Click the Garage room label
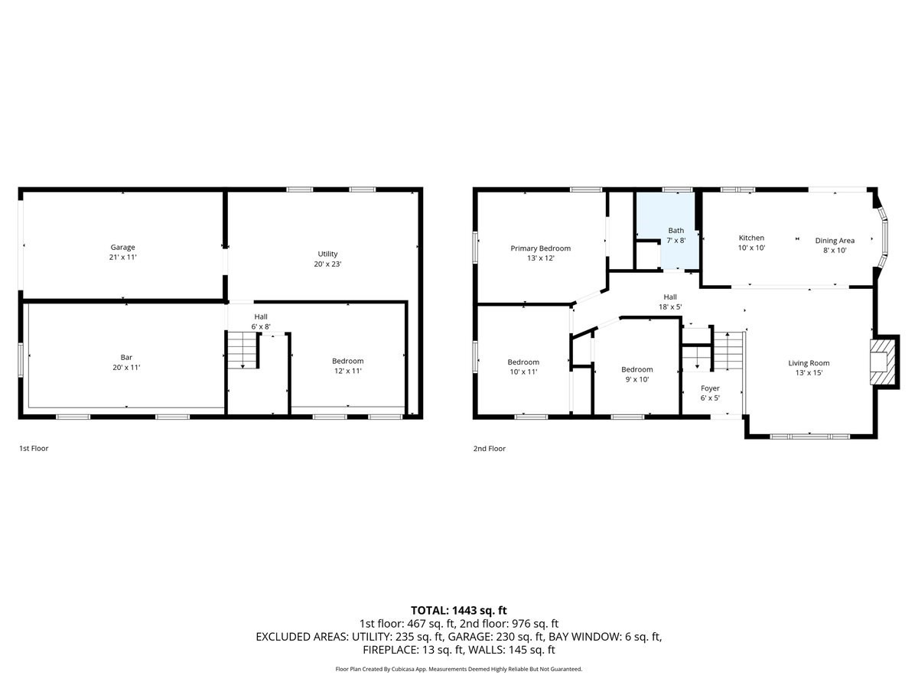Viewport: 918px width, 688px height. tap(123, 247)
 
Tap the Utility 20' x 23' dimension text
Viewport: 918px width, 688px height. tap(327, 264)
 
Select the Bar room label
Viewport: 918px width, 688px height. tap(126, 357)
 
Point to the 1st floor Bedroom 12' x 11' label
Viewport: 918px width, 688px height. tap(347, 361)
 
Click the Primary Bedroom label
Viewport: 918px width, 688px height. tap(540, 248)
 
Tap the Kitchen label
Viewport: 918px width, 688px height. tap(750, 238)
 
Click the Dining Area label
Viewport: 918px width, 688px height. tap(835, 241)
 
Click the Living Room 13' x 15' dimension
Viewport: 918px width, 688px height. tap(809, 374)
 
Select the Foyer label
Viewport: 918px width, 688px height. tap(710, 388)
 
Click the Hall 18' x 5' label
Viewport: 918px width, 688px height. tap(669, 297)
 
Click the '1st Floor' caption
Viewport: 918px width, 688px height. tap(34, 449)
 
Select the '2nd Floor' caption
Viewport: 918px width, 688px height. tap(489, 449)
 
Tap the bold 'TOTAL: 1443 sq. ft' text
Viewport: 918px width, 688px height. tap(459, 610)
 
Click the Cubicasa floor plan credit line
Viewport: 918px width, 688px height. tap(459, 669)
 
